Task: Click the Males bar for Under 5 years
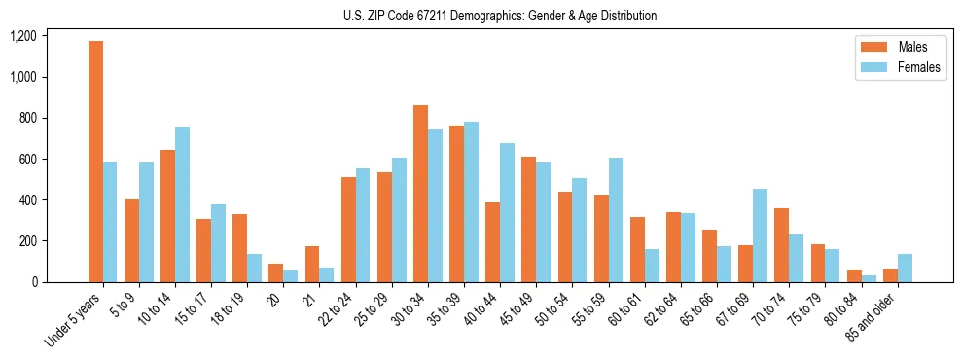(x=95, y=162)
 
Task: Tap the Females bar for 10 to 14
(x=182, y=204)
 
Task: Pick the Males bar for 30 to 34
(x=420, y=194)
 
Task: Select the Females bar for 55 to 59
(x=616, y=220)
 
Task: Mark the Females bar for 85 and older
(x=905, y=268)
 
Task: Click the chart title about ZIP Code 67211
(x=500, y=16)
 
